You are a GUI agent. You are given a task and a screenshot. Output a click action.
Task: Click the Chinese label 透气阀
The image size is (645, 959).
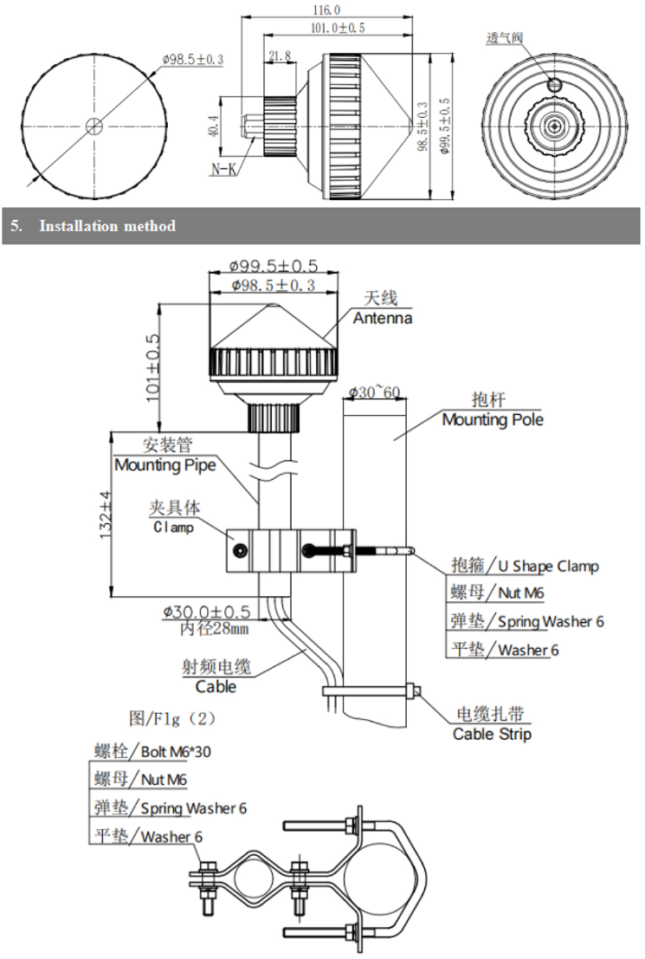click(505, 39)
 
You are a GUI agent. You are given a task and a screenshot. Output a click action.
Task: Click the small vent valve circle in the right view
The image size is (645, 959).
click(555, 84)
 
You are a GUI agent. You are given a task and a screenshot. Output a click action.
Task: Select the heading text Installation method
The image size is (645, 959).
click(107, 226)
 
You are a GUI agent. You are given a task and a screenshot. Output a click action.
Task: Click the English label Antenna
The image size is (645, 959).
click(382, 318)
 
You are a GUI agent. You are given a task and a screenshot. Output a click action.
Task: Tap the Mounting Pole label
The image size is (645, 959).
click(493, 420)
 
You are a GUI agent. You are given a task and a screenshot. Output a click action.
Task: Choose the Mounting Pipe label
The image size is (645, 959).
click(164, 465)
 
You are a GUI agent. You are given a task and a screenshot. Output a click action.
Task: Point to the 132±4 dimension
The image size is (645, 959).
click(105, 517)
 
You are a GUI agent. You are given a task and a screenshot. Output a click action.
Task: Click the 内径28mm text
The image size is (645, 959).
click(214, 627)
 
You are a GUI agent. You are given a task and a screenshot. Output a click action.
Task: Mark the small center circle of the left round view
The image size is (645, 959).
click(95, 124)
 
